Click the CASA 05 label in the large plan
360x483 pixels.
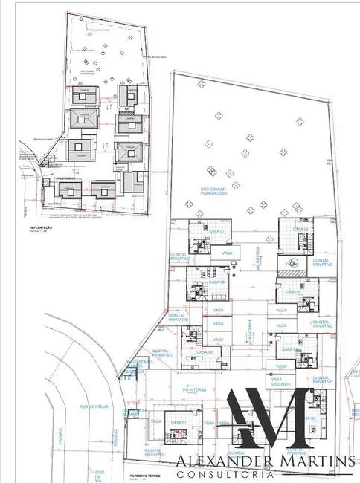pyautogui.click(x=295, y=292)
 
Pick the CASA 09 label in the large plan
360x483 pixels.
pyautogui.click(x=205, y=351)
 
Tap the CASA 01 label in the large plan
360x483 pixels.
pyautogui.click(x=178, y=422)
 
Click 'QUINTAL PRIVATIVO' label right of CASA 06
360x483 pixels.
pyautogui.click(x=321, y=261)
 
